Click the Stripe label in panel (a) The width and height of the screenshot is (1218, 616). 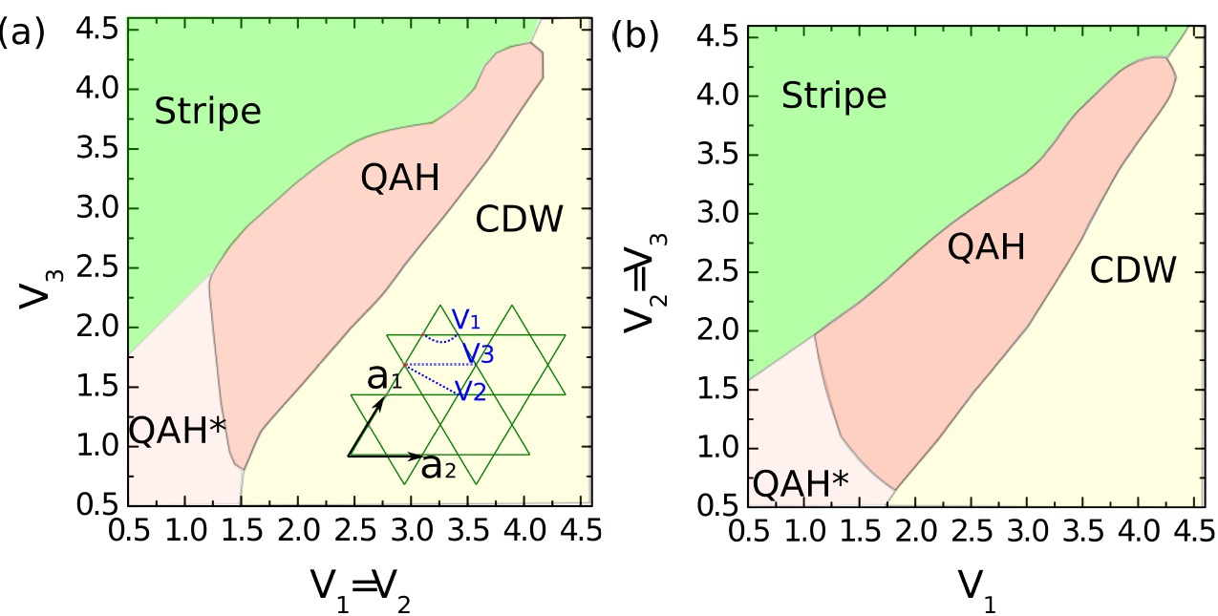tap(207, 113)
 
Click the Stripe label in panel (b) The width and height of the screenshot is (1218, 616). tap(834, 96)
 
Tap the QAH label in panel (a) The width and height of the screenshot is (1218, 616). tap(400, 178)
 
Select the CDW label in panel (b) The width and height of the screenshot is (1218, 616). tap(1133, 269)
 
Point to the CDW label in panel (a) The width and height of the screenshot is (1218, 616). tap(520, 219)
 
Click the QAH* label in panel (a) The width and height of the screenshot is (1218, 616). tap(178, 431)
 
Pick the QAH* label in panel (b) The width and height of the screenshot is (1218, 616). tap(800, 483)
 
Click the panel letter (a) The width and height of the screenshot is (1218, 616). tap(21, 32)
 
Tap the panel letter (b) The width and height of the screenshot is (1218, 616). tap(635, 37)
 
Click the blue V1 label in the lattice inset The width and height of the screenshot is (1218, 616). tap(466, 319)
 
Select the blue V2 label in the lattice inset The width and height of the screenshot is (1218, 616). tap(471, 391)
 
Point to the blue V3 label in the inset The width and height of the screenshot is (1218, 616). tap(479, 353)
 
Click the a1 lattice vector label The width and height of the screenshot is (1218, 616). tap(384, 376)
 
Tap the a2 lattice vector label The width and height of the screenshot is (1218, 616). tap(438, 466)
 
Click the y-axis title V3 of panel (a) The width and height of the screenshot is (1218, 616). tap(41, 289)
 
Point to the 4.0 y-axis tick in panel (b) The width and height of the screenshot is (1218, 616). tap(716, 96)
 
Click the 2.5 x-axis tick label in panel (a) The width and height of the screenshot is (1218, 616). tap(355, 529)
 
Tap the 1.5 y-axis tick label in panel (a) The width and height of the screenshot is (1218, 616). tap(97, 387)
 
